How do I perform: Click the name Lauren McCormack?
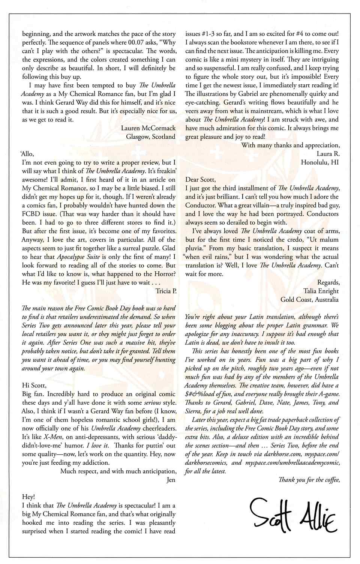click(x=148, y=128)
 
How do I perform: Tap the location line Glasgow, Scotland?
click(x=151, y=137)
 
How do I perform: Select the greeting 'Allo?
click(x=27, y=154)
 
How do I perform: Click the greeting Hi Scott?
click(x=34, y=385)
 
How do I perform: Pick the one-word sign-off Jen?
click(x=171, y=480)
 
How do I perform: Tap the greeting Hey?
click(x=28, y=497)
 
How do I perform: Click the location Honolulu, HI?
click(x=319, y=162)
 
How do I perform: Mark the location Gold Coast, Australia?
click(x=309, y=299)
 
